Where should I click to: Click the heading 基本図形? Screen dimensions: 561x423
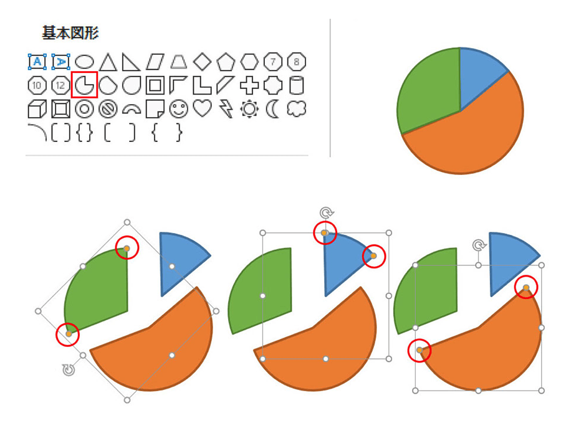70,33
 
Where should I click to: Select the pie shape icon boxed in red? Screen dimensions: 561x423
84,85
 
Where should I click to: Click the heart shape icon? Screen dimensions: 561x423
203,108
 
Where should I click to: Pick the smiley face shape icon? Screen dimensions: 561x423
179,108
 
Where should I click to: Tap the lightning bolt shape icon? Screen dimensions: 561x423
226,108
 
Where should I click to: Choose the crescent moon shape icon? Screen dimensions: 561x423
272,108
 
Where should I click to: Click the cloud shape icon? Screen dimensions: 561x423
297,108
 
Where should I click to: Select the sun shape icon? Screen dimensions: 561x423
249,108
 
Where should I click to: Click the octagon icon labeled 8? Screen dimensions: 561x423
297,62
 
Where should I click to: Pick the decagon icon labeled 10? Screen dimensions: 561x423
37,85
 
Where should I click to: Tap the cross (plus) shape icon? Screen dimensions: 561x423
249,85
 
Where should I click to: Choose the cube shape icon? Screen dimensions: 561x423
37,108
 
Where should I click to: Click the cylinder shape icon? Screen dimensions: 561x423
297,85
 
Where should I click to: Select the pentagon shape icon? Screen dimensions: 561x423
226,62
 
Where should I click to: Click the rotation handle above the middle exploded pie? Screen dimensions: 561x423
326,213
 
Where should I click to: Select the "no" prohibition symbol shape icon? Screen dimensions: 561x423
108,108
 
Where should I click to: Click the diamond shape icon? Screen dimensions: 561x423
202,62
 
